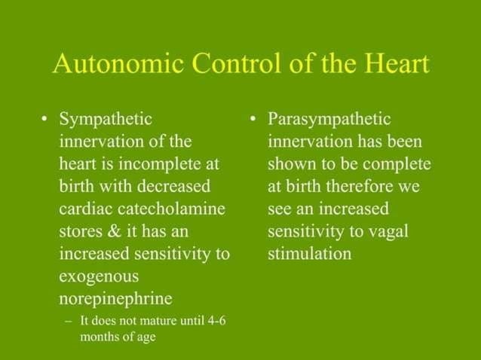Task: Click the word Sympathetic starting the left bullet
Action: click(106, 119)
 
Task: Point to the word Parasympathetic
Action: click(329, 119)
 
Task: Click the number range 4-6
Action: click(213, 320)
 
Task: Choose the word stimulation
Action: click(309, 253)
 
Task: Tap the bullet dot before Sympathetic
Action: click(47, 120)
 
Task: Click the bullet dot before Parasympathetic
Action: click(255, 120)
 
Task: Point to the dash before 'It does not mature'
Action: click(69, 321)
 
